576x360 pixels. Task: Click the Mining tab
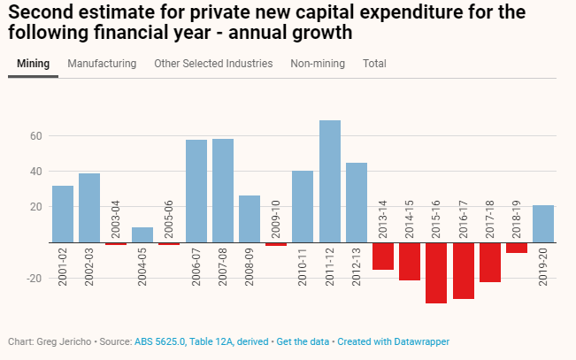click(33, 64)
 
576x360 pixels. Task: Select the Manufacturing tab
click(102, 64)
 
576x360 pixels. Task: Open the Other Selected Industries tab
click(213, 64)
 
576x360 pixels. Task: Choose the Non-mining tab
click(318, 64)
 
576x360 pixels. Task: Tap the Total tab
click(374, 64)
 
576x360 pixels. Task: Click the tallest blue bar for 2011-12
click(330, 180)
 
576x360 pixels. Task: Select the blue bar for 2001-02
click(63, 213)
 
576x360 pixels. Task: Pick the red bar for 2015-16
click(436, 272)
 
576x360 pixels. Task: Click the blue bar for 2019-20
click(543, 223)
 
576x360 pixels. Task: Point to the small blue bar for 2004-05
click(143, 234)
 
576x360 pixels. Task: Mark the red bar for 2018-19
click(517, 248)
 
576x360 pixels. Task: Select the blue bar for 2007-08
click(223, 190)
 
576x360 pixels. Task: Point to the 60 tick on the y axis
click(37, 136)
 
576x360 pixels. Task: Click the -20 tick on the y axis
click(35, 278)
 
